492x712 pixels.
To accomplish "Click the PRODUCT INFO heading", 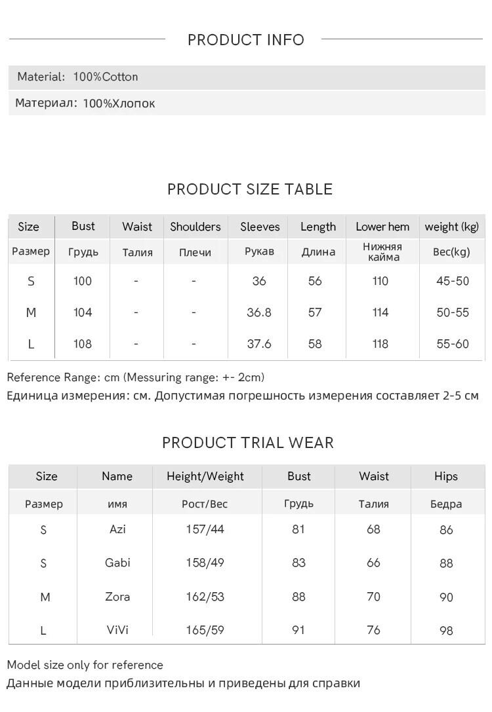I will tap(246, 40).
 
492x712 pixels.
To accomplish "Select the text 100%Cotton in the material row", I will tap(106, 77).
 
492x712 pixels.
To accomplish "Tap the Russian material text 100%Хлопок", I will tap(119, 103).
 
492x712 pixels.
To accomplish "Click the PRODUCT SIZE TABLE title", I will tap(250, 189).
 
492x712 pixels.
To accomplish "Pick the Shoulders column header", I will tap(195, 227).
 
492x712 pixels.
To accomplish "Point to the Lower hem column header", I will tap(382, 227).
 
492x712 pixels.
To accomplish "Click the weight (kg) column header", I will tap(452, 227).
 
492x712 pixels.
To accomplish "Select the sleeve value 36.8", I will tap(259, 312).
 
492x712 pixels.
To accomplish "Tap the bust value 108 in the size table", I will tap(83, 344).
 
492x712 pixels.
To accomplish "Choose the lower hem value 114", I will tap(380, 312).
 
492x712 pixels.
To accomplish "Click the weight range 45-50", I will tap(453, 281).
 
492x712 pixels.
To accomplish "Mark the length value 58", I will tap(315, 344).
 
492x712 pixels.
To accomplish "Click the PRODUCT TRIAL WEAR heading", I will tap(248, 443).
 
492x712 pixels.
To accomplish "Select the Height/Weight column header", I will tap(205, 476).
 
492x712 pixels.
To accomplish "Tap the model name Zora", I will tap(117, 597).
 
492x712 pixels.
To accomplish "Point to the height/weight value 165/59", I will tap(205, 630).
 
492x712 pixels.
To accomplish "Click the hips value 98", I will tap(447, 631).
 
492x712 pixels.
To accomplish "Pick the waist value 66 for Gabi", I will tap(374, 563).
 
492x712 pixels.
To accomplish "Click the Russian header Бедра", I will tap(446, 504).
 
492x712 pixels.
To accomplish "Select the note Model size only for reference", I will tap(85, 665).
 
